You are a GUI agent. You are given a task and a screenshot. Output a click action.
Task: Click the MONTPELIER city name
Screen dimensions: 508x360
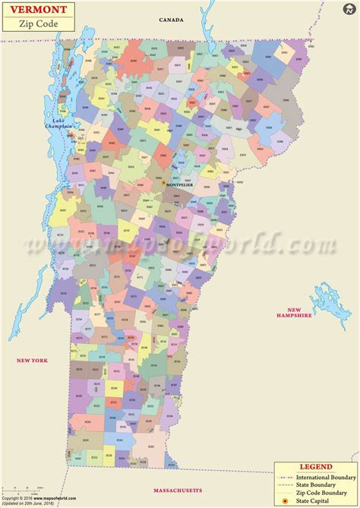[182, 185]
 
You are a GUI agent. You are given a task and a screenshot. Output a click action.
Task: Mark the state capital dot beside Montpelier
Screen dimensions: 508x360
[163, 182]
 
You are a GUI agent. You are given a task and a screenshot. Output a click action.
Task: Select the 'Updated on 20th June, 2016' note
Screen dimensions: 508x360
[30, 504]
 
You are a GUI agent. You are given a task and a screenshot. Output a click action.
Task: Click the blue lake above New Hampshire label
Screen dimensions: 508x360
[319, 292]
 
